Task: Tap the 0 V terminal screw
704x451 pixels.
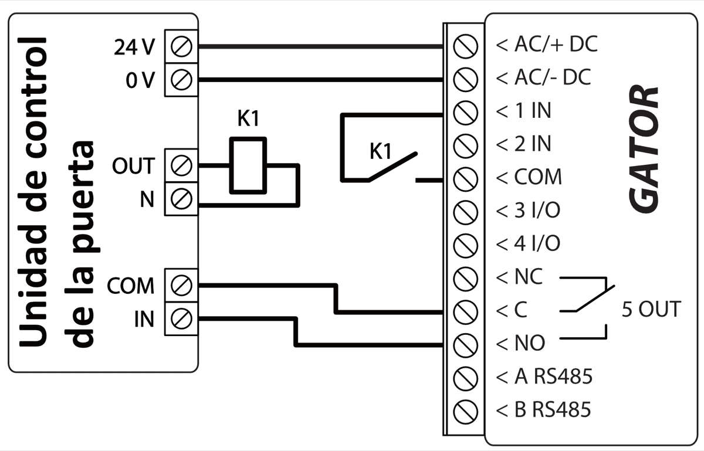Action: pyautogui.click(x=182, y=79)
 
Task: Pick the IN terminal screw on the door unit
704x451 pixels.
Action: pyautogui.click(x=182, y=318)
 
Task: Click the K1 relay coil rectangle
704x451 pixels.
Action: pyautogui.click(x=248, y=165)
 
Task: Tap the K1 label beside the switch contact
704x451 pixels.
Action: pyautogui.click(x=380, y=151)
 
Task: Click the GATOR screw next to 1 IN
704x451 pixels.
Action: pyautogui.click(x=466, y=111)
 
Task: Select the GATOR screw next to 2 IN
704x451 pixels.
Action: pyautogui.click(x=466, y=144)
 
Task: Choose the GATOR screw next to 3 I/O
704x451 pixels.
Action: pyautogui.click(x=466, y=210)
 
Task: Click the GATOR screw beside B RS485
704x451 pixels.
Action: pyautogui.click(x=466, y=409)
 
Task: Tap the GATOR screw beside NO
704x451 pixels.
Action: pyautogui.click(x=466, y=343)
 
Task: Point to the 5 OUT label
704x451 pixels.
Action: pyautogui.click(x=651, y=309)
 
